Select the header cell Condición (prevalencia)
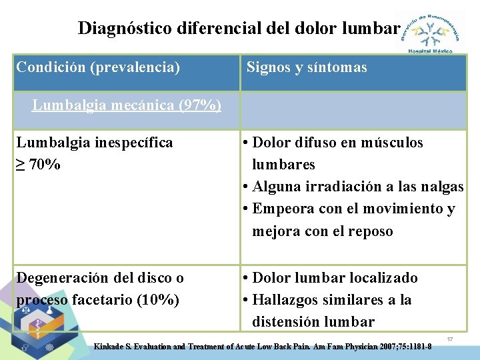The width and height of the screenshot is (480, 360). tap(98, 67)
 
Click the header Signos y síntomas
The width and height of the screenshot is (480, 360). tap(307, 67)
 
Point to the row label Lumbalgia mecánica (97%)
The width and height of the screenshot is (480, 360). tap(127, 105)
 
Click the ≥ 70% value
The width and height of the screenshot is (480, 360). tap(38, 164)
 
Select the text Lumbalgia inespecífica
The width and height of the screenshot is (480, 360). tap(94, 142)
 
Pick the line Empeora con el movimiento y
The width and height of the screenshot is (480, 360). tap(353, 209)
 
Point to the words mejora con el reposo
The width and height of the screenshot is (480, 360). tap(322, 231)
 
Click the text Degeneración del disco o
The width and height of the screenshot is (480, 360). tap(100, 278)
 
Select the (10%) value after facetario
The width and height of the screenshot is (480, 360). tap(157, 300)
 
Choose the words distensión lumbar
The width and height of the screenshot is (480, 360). tap(313, 322)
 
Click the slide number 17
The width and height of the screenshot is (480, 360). tap(450, 340)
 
